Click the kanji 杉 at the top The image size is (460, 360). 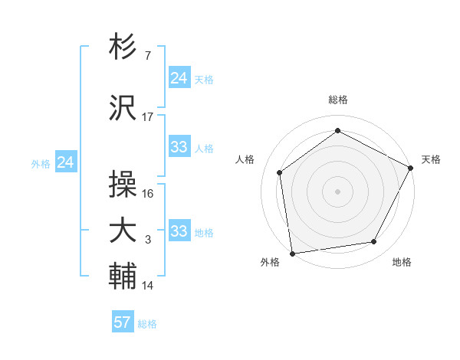coord(123,47)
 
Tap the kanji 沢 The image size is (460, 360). coord(123,106)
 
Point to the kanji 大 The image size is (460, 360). coord(123,230)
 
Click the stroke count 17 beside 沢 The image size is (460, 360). coord(148,117)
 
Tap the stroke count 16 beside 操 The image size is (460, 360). coord(148,194)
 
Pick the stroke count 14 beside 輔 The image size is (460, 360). coord(148,286)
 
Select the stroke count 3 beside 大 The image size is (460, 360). coord(148,241)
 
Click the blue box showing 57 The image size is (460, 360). coord(123,322)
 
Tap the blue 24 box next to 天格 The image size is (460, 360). coord(179,78)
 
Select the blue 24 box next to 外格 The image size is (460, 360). coord(66,162)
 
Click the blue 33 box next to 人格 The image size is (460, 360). coord(179,147)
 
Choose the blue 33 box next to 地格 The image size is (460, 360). coord(179,231)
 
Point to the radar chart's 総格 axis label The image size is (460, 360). coord(338,100)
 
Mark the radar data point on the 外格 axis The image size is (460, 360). coord(292,253)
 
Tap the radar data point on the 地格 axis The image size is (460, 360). coord(374,241)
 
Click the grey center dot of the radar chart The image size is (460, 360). coord(338,191)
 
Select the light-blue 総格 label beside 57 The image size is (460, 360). coord(147,324)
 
